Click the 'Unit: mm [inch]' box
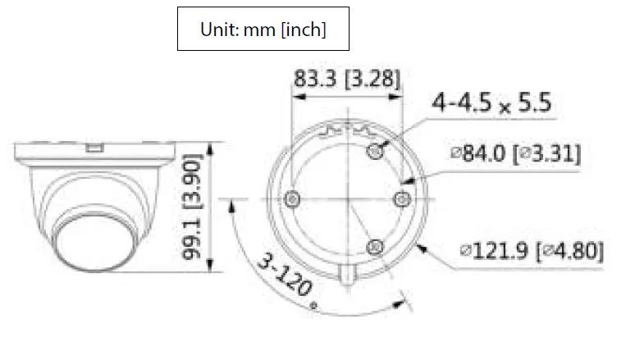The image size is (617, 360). click(x=263, y=30)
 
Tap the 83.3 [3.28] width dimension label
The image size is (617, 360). click(x=346, y=79)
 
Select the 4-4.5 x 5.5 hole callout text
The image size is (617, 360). click(x=492, y=104)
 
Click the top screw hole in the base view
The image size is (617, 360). click(x=376, y=150)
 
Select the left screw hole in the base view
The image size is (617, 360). click(x=291, y=199)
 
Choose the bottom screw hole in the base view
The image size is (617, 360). click(x=374, y=245)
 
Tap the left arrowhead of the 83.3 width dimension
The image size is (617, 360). click(x=298, y=97)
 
